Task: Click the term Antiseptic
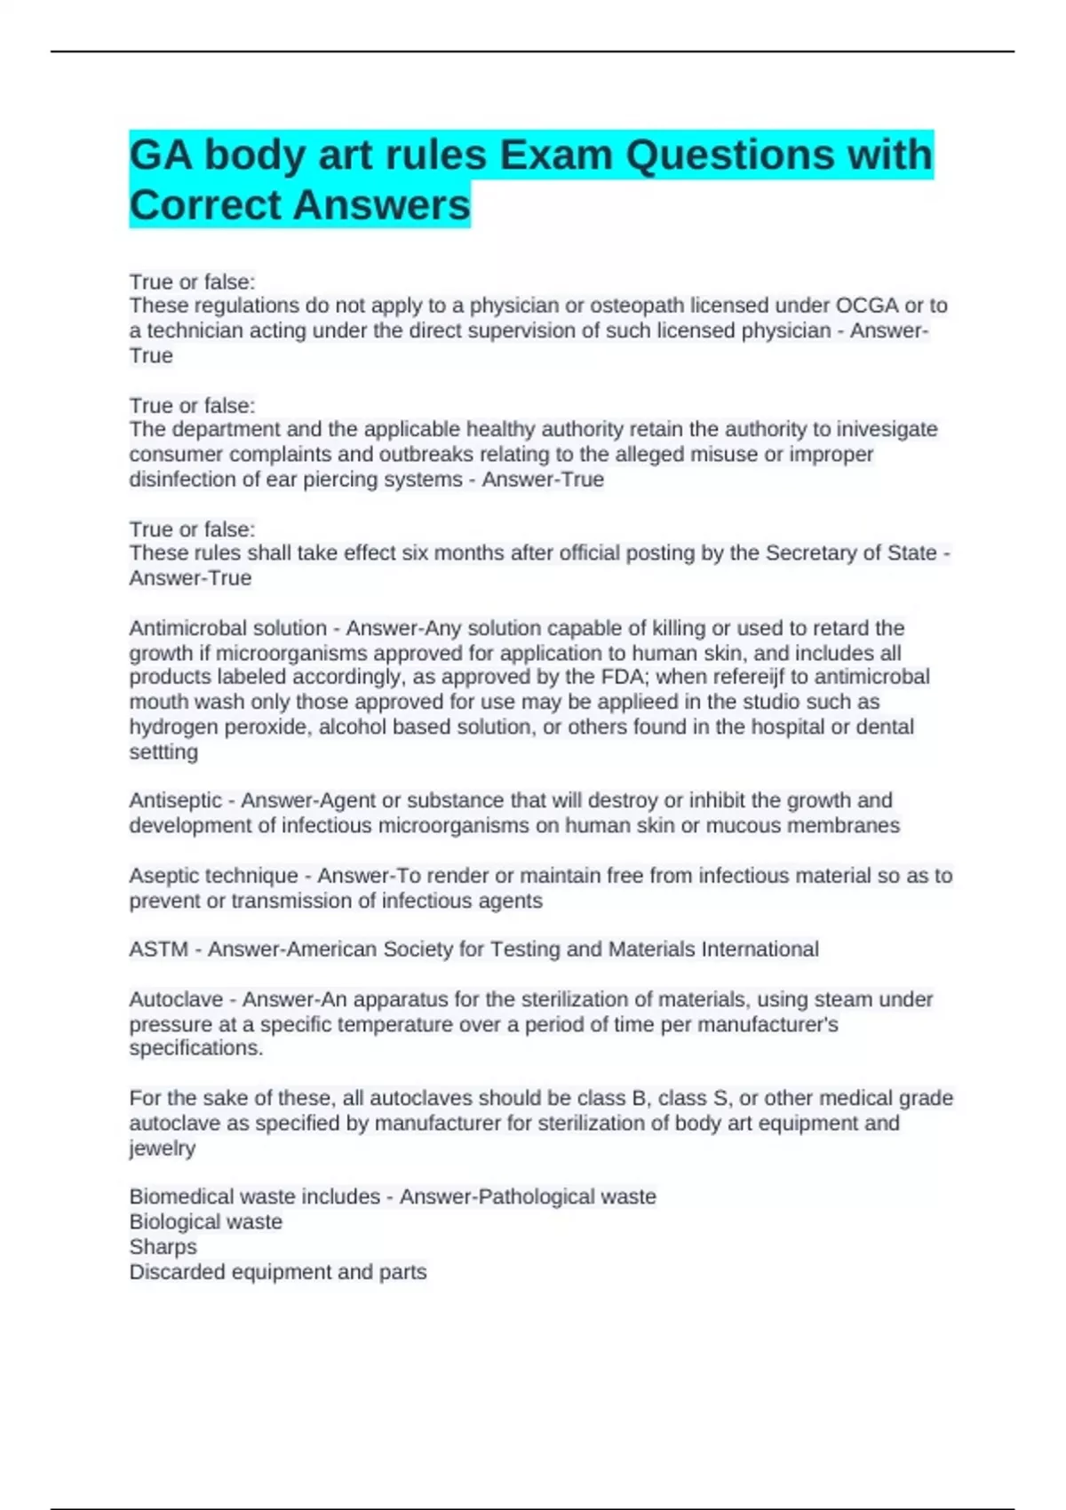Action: pos(176,800)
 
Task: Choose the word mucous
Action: pos(733,825)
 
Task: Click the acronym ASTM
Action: pos(158,950)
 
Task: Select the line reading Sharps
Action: pos(163,1247)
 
